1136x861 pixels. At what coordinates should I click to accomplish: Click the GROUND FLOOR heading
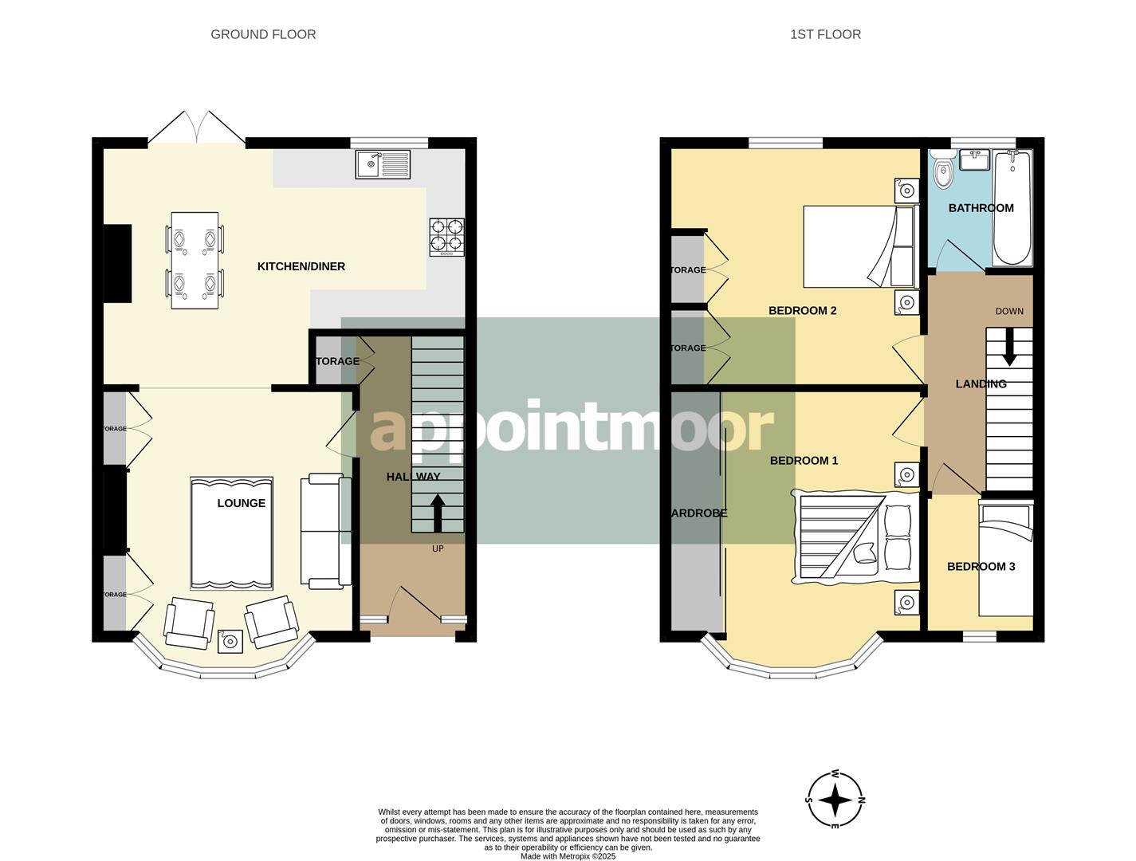pos(263,34)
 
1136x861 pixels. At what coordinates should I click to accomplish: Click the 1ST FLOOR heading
pos(825,34)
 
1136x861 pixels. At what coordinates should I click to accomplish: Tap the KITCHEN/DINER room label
pos(301,266)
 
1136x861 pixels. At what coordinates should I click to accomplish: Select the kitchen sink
pos(382,165)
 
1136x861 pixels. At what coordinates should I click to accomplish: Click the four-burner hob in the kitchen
pos(446,237)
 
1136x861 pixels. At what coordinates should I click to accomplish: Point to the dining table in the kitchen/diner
pos(195,260)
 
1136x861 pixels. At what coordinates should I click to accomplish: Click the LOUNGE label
pos(242,503)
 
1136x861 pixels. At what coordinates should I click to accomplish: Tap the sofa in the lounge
pos(325,532)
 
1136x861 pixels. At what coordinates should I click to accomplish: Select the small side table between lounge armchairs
pos(231,641)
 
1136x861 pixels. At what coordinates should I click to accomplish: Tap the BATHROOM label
pos(981,208)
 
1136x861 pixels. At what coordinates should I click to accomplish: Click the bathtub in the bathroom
pos(1012,209)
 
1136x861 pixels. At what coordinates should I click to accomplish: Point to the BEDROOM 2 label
pos(802,310)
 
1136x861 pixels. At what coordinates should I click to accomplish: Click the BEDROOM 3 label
pos(981,567)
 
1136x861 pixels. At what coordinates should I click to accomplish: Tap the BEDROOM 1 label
pos(804,461)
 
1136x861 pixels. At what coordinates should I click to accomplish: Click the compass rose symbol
pos(835,800)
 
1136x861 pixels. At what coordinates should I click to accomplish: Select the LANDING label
pos(981,384)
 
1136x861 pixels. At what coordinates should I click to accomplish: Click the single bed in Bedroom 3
pos(1006,560)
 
